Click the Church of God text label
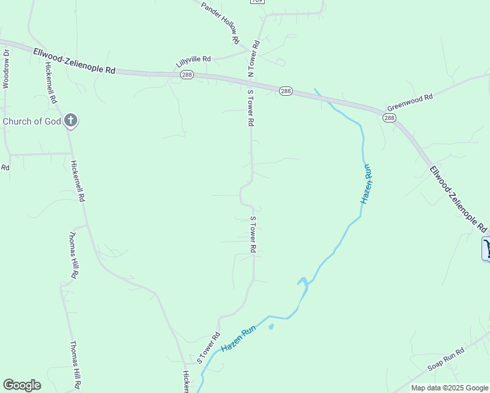point(32,121)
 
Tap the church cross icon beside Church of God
point(71,121)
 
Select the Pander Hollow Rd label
point(220,22)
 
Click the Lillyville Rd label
point(193,62)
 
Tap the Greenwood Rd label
point(410,102)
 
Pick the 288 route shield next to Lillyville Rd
point(187,75)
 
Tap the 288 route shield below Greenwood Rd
point(390,118)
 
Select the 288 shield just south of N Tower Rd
point(286,91)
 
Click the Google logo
point(22,385)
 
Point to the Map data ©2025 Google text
point(449,388)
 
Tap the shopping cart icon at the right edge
point(487,249)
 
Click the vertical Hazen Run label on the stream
point(367,184)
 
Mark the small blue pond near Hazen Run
point(271,326)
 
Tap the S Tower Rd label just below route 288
point(250,107)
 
